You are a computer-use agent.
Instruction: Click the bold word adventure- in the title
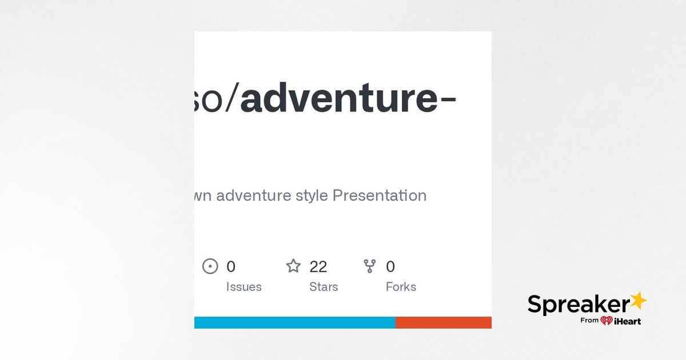tap(348, 98)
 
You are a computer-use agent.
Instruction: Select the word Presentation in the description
tap(379, 195)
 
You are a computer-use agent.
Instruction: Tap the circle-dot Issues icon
tap(210, 266)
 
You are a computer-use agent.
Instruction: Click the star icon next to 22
tap(293, 266)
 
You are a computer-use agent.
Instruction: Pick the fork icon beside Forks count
tap(370, 266)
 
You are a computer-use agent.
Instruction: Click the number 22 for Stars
tap(318, 266)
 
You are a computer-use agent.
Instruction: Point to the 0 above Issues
tap(231, 266)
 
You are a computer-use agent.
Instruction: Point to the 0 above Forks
tap(390, 266)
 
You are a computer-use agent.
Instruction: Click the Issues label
tap(244, 287)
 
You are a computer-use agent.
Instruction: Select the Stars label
tap(324, 287)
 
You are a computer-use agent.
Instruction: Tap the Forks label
tap(401, 287)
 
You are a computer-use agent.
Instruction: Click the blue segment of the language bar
tap(294, 322)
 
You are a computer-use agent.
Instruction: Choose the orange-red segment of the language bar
tap(443, 322)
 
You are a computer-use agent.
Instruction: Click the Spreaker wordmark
tap(577, 305)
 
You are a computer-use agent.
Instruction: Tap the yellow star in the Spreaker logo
tap(638, 301)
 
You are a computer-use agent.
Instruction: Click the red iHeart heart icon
tap(607, 321)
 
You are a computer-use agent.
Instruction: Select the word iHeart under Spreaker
tap(628, 321)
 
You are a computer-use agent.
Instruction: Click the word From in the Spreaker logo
tap(589, 321)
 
